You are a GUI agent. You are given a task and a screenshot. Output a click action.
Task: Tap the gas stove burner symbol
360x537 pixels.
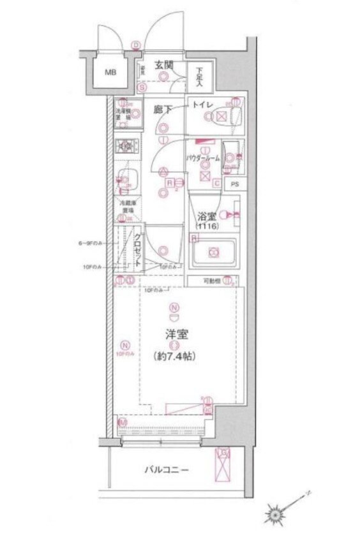pyautogui.click(x=125, y=146)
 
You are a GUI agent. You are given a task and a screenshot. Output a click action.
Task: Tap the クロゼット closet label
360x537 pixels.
pyautogui.click(x=137, y=248)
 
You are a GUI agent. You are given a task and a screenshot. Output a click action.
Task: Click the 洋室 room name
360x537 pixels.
pyautogui.click(x=174, y=334)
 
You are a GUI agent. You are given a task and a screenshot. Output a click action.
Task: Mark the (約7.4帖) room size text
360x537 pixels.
pyautogui.click(x=174, y=356)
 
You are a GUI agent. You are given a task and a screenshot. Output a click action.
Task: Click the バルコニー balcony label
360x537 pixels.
pyautogui.click(x=165, y=471)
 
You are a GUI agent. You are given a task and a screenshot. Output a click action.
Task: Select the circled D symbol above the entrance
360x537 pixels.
pyautogui.click(x=135, y=45)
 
